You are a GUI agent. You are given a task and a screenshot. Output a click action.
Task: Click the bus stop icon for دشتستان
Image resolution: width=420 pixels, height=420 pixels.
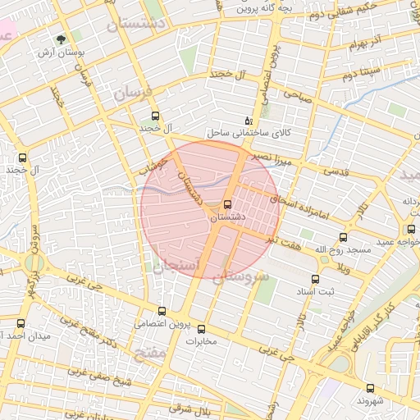[x=227, y=203]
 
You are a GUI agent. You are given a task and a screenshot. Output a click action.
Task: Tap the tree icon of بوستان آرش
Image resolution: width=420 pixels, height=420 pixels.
[x=62, y=39]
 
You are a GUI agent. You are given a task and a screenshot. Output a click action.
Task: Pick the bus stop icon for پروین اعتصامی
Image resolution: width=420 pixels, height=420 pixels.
[x=162, y=311]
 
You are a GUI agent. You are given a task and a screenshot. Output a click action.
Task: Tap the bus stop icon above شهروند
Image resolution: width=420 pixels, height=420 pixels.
[x=370, y=388]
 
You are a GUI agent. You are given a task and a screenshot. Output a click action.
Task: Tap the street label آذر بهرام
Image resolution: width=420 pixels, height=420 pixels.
[x=365, y=42]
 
